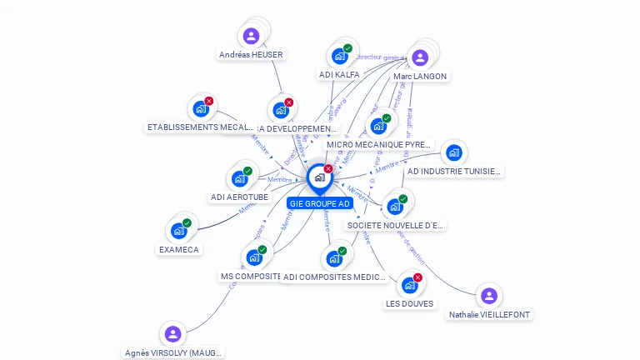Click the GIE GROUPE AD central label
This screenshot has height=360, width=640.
pyautogui.click(x=320, y=203)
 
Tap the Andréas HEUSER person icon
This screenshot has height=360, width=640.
pyautogui.click(x=251, y=36)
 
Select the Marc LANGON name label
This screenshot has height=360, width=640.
pyautogui.click(x=420, y=76)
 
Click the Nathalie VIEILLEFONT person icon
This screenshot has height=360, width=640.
pyautogui.click(x=489, y=296)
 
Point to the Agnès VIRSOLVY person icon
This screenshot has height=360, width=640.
pyautogui.click(x=172, y=334)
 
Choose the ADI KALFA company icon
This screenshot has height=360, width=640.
pyautogui.click(x=339, y=56)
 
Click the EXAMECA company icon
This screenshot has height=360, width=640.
pyautogui.click(x=178, y=231)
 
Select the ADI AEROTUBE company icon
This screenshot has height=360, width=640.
pyautogui.click(x=239, y=178)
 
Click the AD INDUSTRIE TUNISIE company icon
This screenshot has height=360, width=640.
pyautogui.click(x=453, y=152)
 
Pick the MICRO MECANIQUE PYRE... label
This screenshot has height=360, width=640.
pyautogui.click(x=379, y=144)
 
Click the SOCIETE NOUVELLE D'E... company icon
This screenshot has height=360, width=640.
pyautogui.click(x=395, y=206)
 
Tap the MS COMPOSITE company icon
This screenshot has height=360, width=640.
pyautogui.click(x=254, y=257)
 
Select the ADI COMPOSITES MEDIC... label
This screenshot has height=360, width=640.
pyautogui.click(x=334, y=277)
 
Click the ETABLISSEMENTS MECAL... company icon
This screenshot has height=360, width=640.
pyautogui.click(x=200, y=108)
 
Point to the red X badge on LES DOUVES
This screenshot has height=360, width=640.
pyautogui.click(x=417, y=277)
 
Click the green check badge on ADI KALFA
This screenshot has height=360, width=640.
pyautogui.click(x=347, y=48)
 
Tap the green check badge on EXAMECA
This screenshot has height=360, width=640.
pyautogui.click(x=187, y=223)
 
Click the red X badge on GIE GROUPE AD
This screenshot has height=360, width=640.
pyautogui.click(x=328, y=169)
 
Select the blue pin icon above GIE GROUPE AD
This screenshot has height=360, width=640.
pyautogui.click(x=319, y=177)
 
